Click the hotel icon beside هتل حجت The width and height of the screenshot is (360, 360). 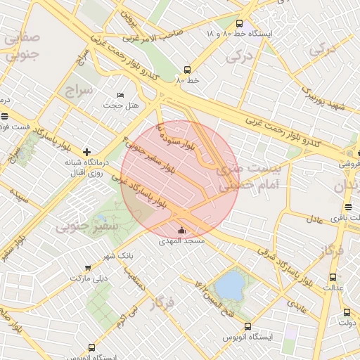pyautogui.click(x=120, y=96)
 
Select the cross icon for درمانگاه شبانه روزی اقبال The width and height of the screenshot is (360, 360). pyautogui.click(x=86, y=152)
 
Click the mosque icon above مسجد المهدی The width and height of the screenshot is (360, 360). pyautogui.click(x=182, y=230)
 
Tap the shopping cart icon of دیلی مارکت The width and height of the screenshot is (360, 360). pyautogui.click(x=87, y=268)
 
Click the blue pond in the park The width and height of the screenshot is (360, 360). pyautogui.click(x=229, y=285)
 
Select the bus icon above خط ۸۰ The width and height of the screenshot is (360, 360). pyautogui.click(x=187, y=70)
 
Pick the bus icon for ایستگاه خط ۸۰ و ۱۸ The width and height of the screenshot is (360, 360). pyautogui.click(x=240, y=23)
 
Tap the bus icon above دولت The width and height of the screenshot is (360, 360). pyautogui.click(x=347, y=312)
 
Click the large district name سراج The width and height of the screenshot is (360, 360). pyautogui.click(x=79, y=91)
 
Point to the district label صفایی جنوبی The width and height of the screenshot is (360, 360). pyautogui.click(x=22, y=46)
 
